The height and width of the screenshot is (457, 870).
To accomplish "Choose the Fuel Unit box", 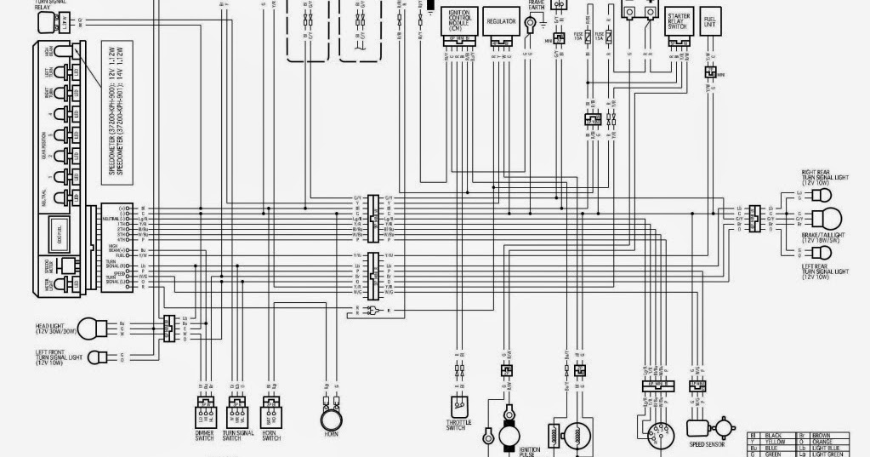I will pos(709,23).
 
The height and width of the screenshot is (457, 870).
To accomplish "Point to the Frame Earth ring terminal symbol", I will pos(531,21).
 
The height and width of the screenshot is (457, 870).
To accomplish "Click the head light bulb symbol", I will pos(98,328).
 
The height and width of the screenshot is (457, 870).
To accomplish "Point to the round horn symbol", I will pos(331,420).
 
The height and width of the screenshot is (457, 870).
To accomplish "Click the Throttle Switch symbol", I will pos(458,406).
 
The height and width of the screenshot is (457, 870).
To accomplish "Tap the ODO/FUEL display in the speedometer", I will pos(59,230).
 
